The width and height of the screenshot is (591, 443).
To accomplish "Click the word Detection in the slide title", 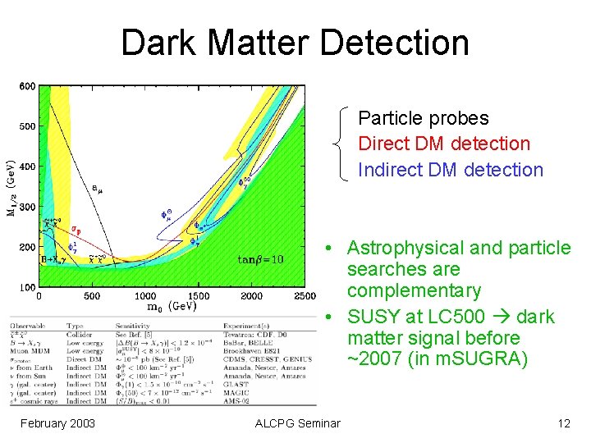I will point(392,43).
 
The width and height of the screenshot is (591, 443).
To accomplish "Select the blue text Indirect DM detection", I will point(451,170).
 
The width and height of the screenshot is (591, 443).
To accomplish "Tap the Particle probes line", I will point(424,118).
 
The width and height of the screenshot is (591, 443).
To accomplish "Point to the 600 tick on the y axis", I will point(27,86).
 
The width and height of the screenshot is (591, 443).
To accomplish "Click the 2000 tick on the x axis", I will point(251,295).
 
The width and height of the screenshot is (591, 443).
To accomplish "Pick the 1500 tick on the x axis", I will point(199,295).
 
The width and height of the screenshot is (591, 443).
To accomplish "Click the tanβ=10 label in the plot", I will point(260,259).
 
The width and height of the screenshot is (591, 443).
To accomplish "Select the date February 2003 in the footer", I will point(57,423).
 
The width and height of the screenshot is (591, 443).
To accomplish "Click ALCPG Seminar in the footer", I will point(297,423).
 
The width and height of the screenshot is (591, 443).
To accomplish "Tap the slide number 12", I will point(563,423).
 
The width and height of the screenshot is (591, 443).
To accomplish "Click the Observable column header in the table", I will point(30,326).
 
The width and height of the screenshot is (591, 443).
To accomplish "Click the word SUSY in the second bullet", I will point(374,317).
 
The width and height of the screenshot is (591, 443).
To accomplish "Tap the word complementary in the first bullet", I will point(414,290).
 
